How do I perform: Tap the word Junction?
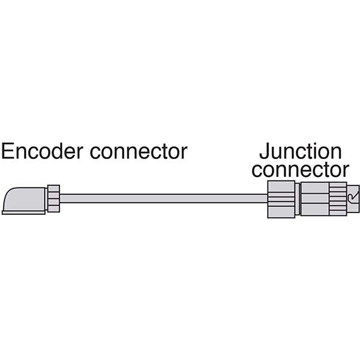click(300, 152)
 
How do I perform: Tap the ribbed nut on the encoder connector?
click(53, 199)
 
